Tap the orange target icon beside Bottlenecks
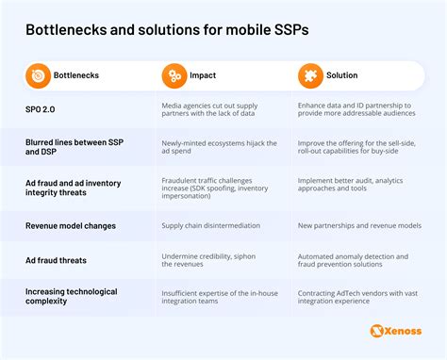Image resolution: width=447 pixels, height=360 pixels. pyautogui.click(x=38, y=75)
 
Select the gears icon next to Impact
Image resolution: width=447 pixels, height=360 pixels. pyautogui.click(x=173, y=75)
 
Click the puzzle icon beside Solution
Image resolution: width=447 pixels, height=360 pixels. pyautogui.click(x=309, y=75)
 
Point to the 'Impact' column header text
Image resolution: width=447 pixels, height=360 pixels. pyautogui.click(x=205, y=75)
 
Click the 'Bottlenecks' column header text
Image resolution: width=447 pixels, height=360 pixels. pyautogui.click(x=78, y=75)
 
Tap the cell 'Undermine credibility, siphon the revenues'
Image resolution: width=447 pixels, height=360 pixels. pyautogui.click(x=209, y=260)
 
